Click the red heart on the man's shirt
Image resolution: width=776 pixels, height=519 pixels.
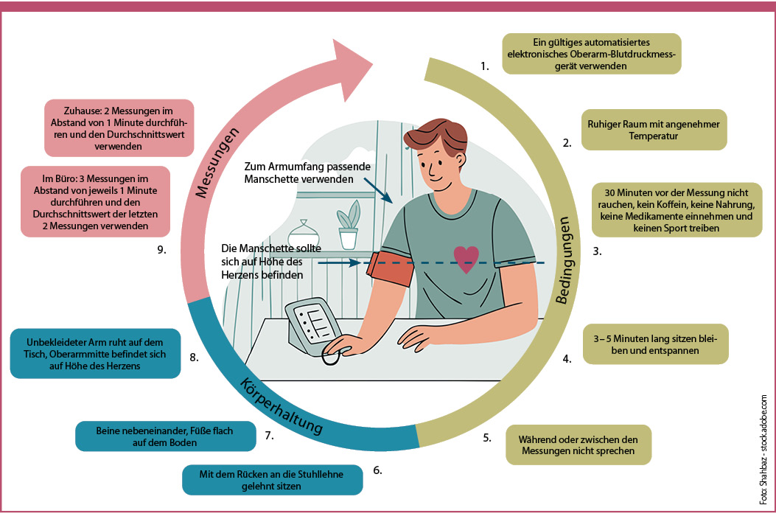tap(465, 259)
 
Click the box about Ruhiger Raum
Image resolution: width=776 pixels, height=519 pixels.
tap(654, 130)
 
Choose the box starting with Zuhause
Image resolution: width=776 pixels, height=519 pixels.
tap(119, 128)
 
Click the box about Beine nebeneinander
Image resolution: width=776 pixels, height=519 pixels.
tap(165, 436)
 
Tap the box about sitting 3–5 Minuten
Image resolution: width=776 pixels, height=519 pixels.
tap(656, 344)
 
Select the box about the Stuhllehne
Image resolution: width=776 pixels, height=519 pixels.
tap(273, 479)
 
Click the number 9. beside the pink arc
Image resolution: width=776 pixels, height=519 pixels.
tap(162, 250)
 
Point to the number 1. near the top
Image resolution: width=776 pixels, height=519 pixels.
tap(484, 66)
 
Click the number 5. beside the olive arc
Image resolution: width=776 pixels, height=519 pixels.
tap(487, 437)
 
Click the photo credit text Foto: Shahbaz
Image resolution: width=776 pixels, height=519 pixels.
tap(763, 450)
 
